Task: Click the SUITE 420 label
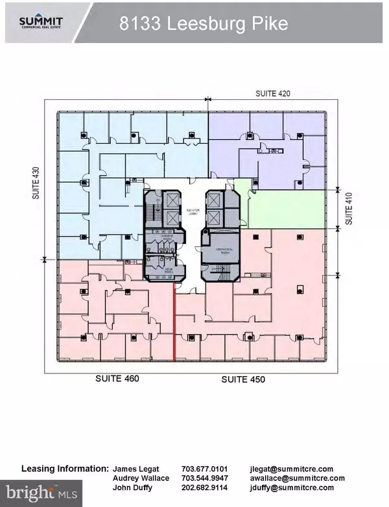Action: (x=272, y=93)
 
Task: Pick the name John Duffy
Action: (x=132, y=488)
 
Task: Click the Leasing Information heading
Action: (x=65, y=468)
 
